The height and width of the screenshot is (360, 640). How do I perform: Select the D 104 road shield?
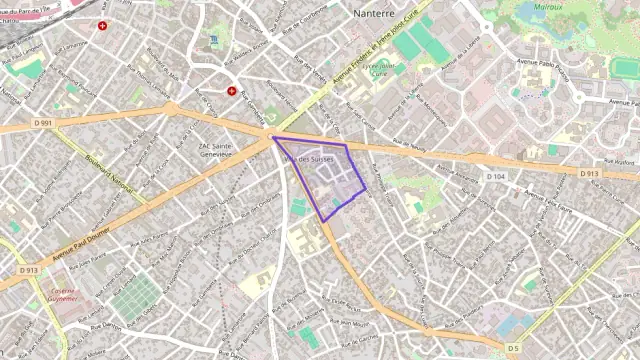pyautogui.click(x=496, y=176)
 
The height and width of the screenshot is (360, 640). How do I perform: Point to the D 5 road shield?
pyautogui.click(x=513, y=347)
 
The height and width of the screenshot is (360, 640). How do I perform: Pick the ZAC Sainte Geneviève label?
pyautogui.click(x=216, y=150)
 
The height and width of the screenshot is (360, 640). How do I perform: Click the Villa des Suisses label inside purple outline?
pyautogui.click(x=308, y=160)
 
